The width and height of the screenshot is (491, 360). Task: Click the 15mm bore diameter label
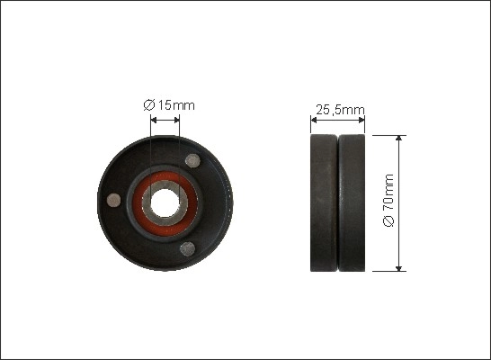(x=169, y=105)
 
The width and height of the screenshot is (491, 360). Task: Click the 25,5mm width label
(x=340, y=110)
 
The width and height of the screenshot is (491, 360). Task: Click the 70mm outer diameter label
(x=388, y=200)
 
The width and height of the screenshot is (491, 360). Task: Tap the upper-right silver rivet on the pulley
(x=192, y=161)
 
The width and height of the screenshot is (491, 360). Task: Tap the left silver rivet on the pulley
(x=113, y=200)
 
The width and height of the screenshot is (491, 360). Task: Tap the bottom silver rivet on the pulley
(x=188, y=248)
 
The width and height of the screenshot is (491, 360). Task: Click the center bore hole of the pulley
(x=165, y=203)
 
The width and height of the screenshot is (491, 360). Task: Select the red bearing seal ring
(x=165, y=203)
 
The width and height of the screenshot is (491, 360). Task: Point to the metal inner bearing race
(x=165, y=203)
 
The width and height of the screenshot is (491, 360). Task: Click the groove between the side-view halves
(x=338, y=203)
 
